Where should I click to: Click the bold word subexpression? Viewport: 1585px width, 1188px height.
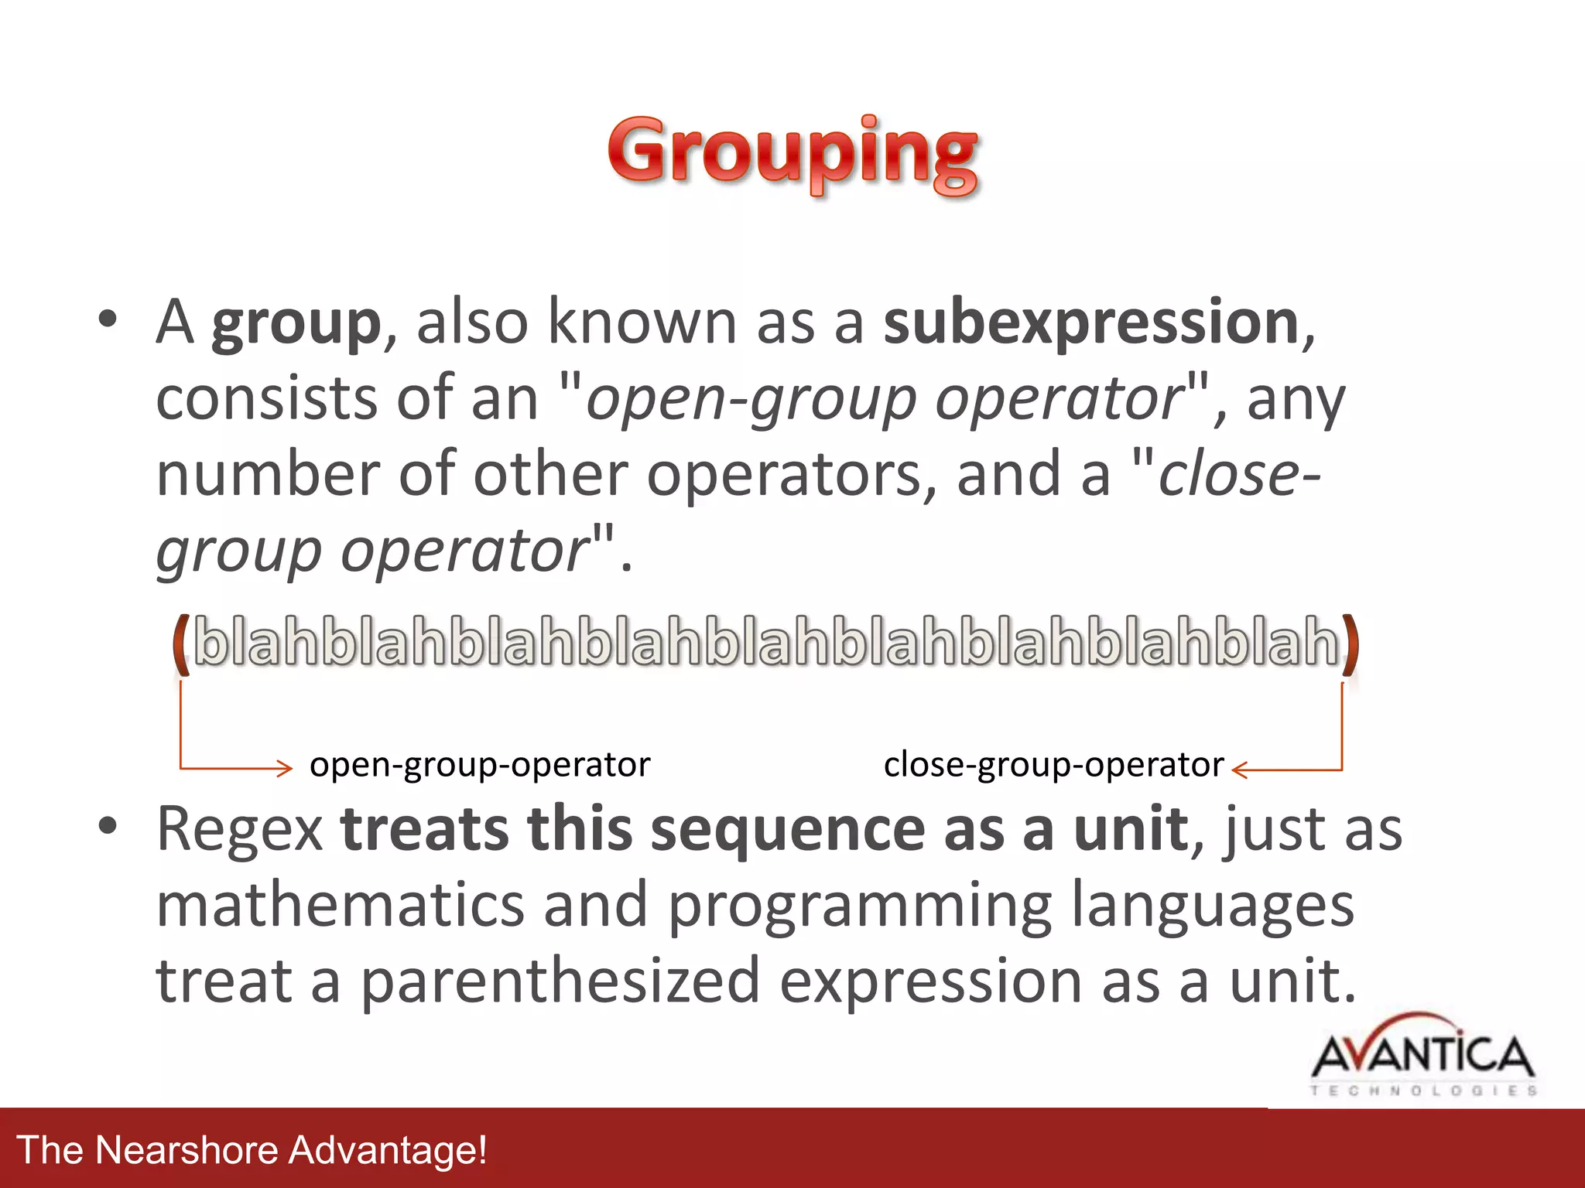coord(1090,323)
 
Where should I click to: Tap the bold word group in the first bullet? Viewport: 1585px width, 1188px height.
coord(296,325)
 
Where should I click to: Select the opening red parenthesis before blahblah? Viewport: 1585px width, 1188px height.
coord(180,643)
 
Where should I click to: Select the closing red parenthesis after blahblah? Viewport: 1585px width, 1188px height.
coord(1349,643)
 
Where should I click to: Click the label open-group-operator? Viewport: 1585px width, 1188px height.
coord(480,765)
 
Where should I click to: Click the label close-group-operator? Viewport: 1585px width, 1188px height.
coord(1053,765)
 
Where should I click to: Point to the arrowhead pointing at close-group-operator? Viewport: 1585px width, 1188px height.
coord(1238,770)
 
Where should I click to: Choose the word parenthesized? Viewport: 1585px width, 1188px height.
coord(560,981)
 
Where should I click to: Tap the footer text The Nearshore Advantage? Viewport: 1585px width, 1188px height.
coord(252,1150)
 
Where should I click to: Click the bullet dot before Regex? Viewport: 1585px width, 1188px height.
coord(108,826)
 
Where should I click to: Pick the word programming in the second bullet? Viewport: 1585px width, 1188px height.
coord(859,906)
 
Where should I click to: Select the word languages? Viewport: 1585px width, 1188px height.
coord(1213,906)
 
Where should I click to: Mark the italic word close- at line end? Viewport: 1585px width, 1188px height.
coord(1238,475)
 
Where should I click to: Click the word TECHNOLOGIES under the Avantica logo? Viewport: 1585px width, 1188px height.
coord(1422,1091)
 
